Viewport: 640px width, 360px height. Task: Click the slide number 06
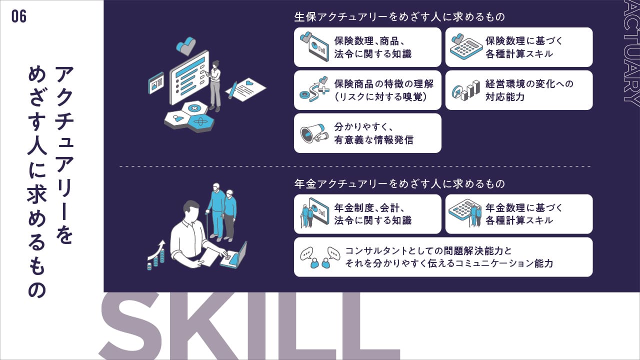tap(19, 16)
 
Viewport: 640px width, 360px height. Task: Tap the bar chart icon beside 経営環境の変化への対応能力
tap(465, 90)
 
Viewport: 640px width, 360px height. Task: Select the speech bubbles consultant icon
tap(320, 257)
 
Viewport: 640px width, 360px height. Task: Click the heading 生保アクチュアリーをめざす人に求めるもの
tap(399, 17)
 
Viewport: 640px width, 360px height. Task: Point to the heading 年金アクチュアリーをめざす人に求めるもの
tap(399, 183)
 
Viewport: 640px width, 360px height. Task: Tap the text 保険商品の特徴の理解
tap(384, 84)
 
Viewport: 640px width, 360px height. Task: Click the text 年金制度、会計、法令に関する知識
tap(373, 214)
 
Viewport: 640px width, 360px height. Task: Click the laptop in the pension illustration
tap(233, 256)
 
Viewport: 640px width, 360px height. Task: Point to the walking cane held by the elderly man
tap(207, 225)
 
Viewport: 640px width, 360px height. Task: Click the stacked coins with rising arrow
tap(156, 255)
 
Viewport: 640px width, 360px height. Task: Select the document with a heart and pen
tap(245, 89)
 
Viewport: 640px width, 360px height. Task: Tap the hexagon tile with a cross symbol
tap(194, 109)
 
